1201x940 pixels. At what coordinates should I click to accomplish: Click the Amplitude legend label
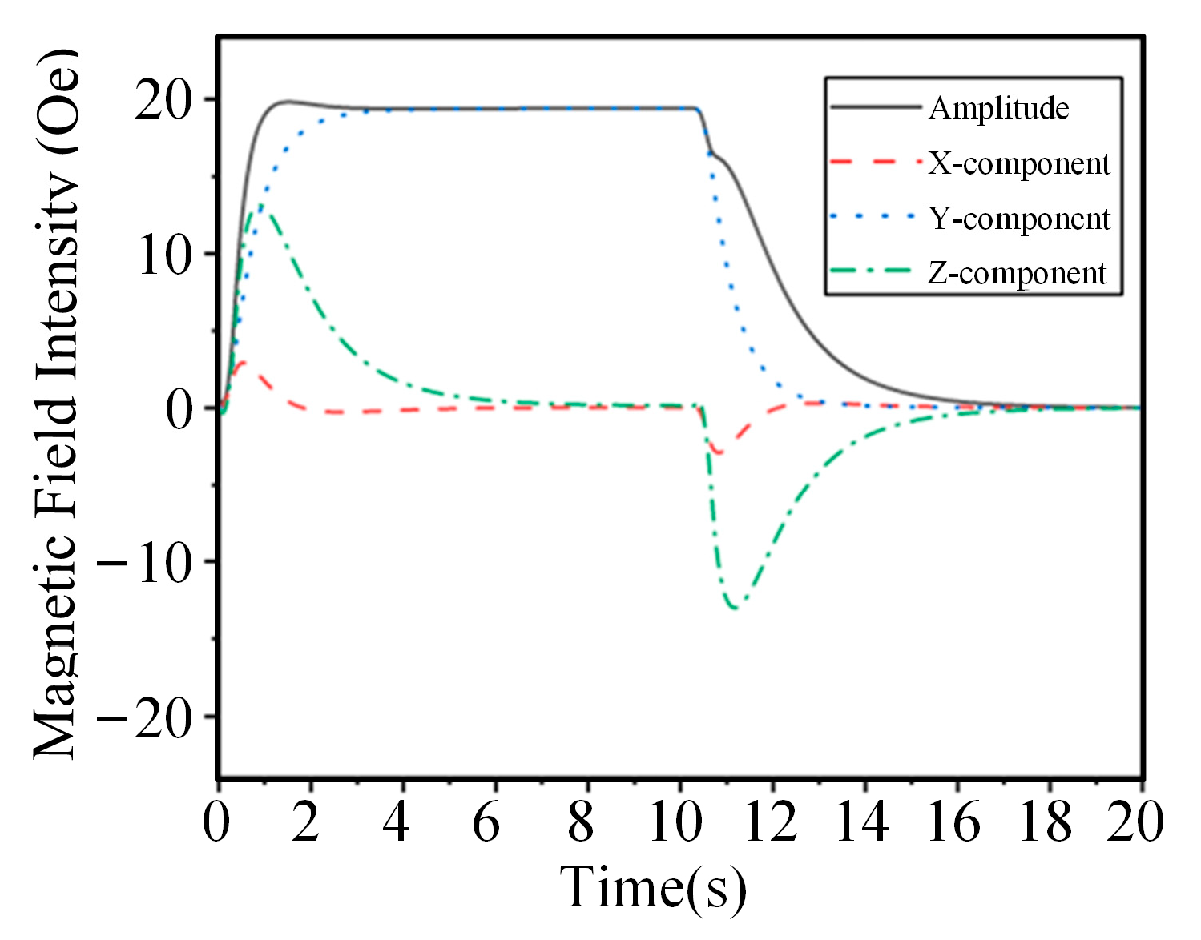point(998,108)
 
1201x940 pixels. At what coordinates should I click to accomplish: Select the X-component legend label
point(1019,163)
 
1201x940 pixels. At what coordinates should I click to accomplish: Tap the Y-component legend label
point(1019,219)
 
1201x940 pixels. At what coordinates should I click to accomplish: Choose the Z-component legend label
point(1017,273)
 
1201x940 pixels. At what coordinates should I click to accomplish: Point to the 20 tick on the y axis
point(164,101)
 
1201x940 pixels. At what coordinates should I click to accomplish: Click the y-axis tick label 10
point(166,255)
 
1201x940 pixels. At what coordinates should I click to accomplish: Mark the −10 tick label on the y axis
point(145,564)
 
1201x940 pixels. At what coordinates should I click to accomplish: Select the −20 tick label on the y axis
point(145,718)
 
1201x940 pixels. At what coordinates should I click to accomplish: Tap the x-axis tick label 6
point(486,822)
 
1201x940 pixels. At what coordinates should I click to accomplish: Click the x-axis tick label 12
point(771,822)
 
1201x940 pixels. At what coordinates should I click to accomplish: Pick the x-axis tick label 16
point(954,822)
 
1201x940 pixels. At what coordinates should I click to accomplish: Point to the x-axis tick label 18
point(1046,822)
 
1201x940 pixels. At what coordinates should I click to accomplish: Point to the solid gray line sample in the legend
point(875,107)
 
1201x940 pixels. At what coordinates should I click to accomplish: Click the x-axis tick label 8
point(581,822)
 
